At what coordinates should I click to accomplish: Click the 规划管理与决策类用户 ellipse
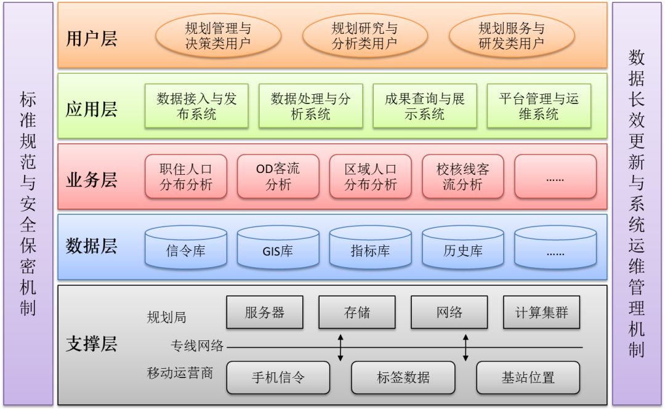pos(218,36)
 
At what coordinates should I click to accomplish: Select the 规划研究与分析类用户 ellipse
pos(365,36)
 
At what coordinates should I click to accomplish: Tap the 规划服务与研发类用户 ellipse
pos(512,36)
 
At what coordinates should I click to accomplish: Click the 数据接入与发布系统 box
pos(196,106)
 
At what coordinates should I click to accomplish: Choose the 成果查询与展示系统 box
pos(425,106)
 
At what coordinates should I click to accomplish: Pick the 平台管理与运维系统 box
pos(539,106)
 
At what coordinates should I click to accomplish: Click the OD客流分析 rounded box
pos(278,176)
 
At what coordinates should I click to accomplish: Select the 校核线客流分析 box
pos(462,176)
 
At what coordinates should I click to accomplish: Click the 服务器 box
pos(265,312)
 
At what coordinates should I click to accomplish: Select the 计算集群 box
pos(542,312)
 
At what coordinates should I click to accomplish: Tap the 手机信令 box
pos(278,377)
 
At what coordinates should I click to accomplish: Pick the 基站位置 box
pos(528,377)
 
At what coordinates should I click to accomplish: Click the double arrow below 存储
pos(340,348)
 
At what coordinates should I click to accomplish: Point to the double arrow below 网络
pos(465,348)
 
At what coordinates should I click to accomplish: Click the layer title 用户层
pos(91,38)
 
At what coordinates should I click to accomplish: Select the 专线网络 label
pos(197,346)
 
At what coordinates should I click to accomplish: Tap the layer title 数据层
pos(91,246)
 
